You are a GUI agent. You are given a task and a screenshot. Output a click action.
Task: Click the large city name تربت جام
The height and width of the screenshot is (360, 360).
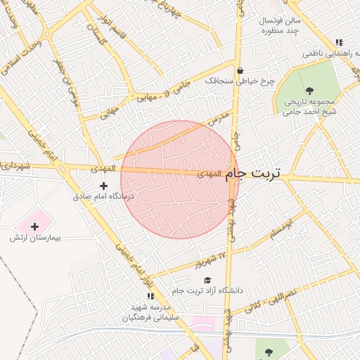coord(255,174)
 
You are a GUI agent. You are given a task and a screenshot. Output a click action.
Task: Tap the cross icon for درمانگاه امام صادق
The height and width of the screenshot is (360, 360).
coord(104,186)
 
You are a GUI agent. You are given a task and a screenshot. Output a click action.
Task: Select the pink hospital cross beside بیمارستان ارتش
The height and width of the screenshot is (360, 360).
coord(34,226)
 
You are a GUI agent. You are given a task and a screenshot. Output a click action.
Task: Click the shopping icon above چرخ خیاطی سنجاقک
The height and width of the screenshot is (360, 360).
coord(240,70)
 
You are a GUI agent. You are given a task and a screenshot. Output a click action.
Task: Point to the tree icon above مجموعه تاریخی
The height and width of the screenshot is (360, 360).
coord(310,89)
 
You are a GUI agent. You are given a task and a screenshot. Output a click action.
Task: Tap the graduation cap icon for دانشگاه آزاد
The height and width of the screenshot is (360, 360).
coord(207,281)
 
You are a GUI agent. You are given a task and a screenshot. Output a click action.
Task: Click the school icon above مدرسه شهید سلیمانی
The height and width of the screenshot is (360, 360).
coord(150,296)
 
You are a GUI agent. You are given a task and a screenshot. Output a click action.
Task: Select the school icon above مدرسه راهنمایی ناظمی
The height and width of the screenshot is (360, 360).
coord(340,42)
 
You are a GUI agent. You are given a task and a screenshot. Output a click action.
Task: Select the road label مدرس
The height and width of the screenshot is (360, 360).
coord(220,120)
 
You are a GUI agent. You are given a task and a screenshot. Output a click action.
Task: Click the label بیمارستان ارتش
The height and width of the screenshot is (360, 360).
coord(36,238)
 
